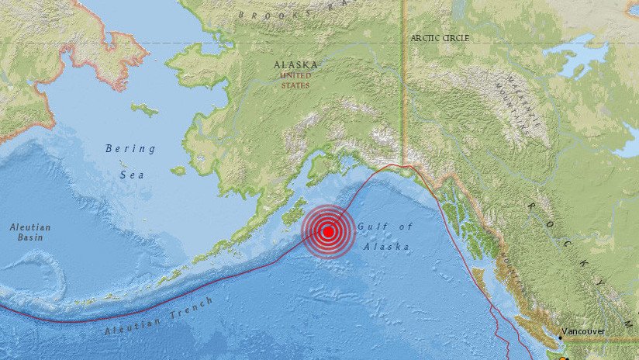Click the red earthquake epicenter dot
pos(328,231)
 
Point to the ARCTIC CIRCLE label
pos(440,37)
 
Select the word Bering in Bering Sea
pos(130,148)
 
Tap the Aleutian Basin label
pos(30,232)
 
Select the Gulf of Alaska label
pos(385,236)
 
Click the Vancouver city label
pos(582,331)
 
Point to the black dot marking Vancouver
pos(559,337)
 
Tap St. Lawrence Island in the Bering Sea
pos(144,109)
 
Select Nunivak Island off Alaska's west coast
pos(178,171)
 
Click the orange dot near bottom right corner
pos(564,358)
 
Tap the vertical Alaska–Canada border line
pos(403,93)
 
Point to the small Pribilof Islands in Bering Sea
pos(123,164)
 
